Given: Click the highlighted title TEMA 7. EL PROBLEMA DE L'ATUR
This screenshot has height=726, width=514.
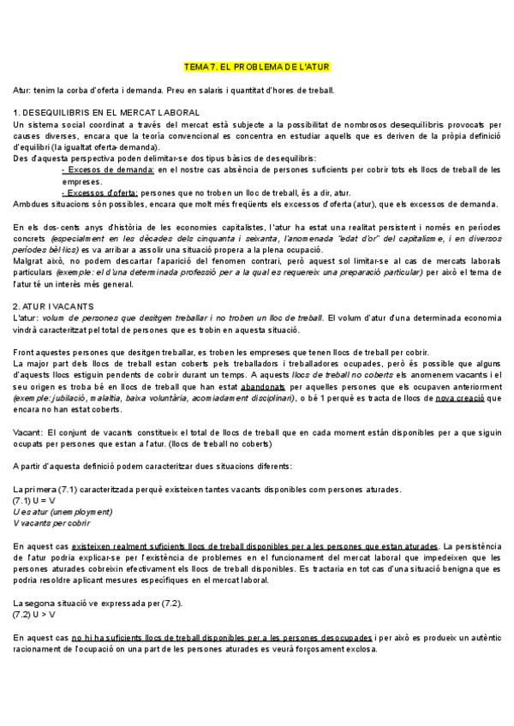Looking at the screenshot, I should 257,67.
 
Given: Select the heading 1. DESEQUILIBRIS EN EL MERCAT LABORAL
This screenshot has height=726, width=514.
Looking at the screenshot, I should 107,113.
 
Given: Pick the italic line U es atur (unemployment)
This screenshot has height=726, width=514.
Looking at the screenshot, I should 58,511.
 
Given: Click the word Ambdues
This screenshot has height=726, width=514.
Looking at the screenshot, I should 33,204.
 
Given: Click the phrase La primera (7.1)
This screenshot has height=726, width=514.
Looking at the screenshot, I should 51,489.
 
